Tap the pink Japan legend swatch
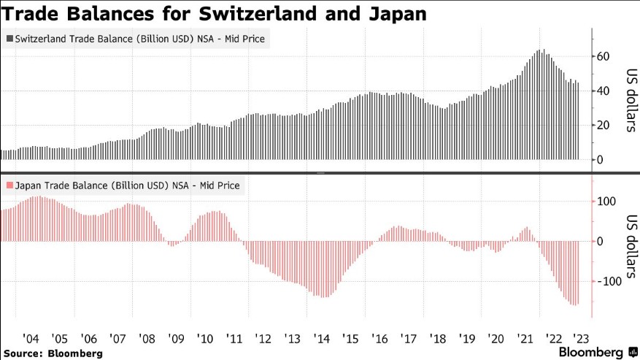pos(9,185)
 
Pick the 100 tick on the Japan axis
pos(607,202)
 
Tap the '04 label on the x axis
pos(31,339)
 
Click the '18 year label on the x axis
pos(438,339)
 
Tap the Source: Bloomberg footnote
pos(52,353)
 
